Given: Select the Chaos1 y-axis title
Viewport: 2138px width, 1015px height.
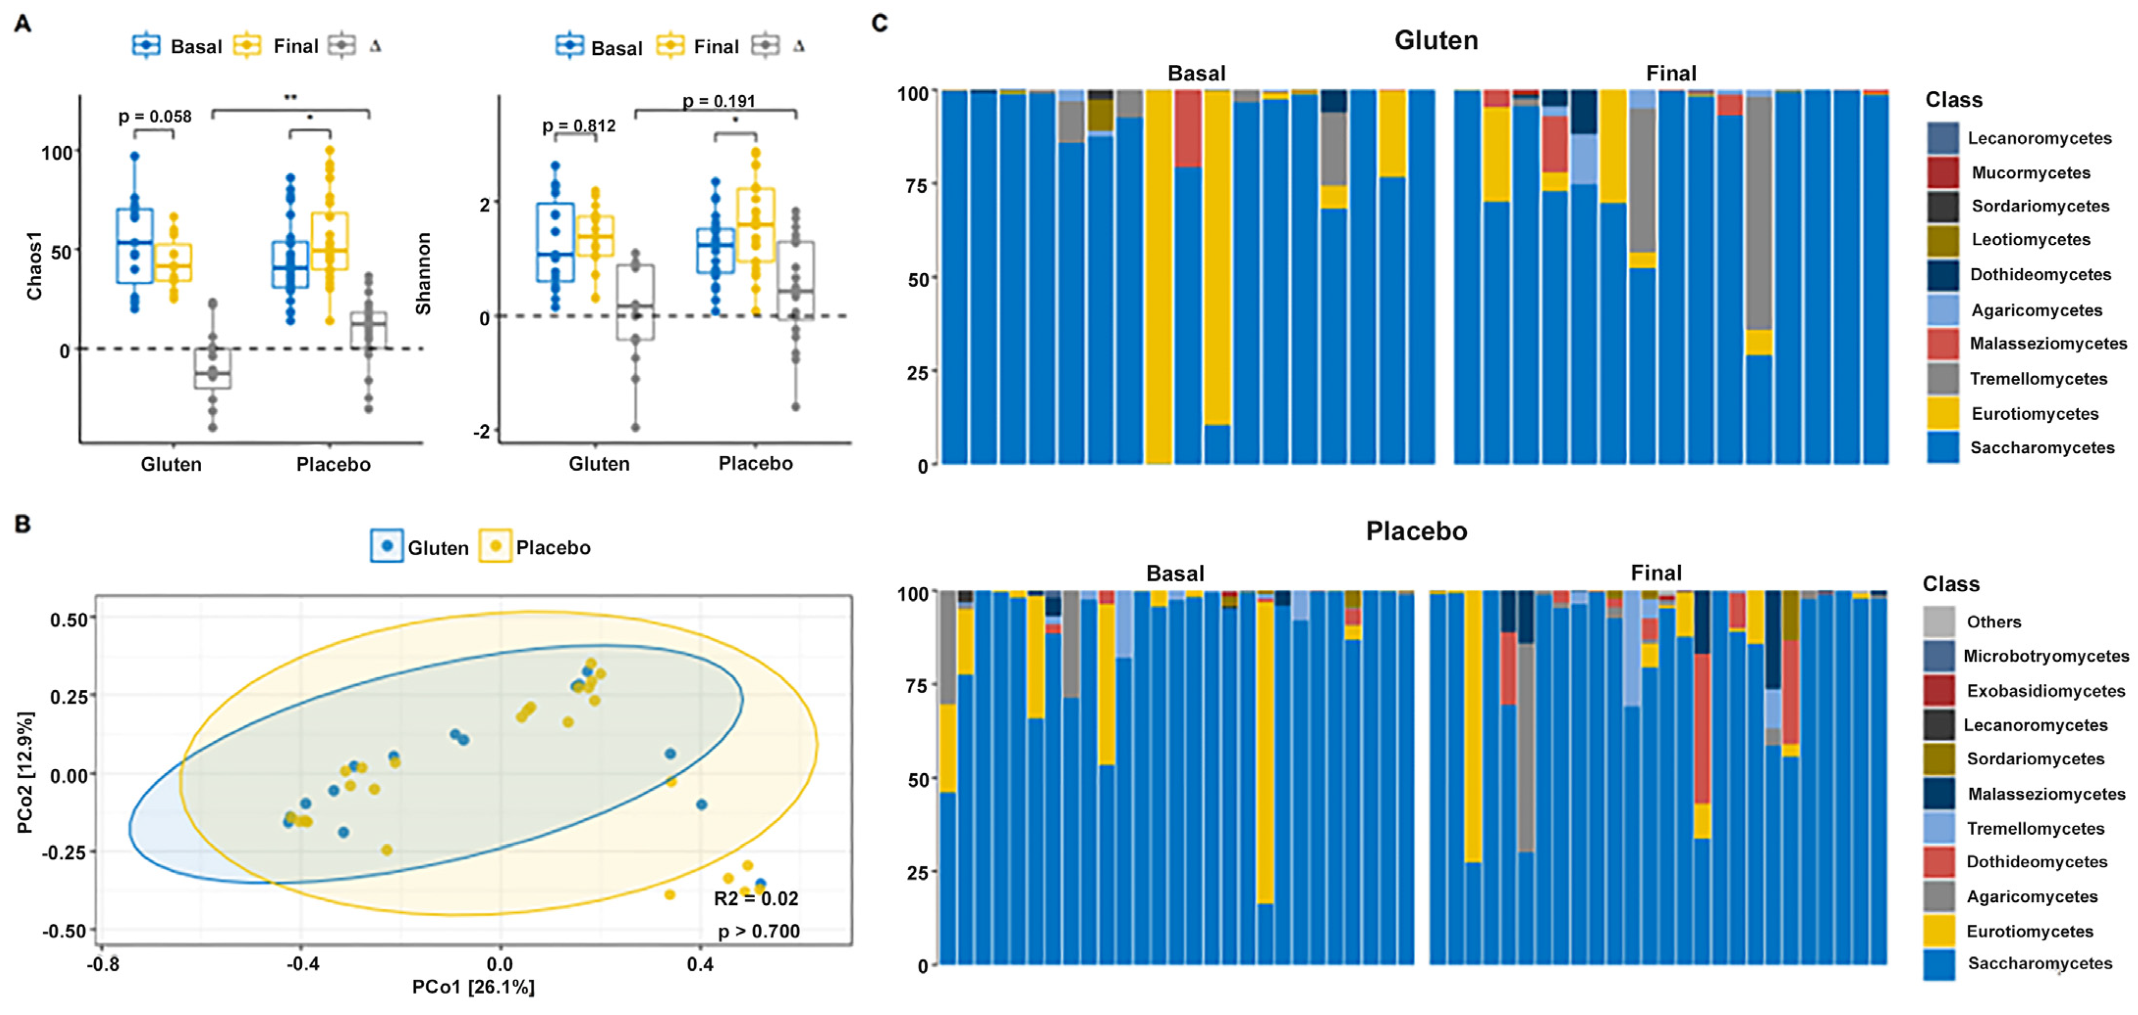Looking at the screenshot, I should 34,265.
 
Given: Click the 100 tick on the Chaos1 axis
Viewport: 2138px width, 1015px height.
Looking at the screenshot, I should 56,153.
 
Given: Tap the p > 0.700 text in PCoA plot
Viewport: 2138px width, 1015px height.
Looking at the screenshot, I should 759,931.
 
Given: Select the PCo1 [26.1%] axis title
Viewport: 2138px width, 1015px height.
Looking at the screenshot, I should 473,987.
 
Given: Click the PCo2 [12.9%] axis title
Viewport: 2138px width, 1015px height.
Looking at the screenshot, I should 26,772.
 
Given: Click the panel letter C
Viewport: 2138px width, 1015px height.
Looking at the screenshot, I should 880,23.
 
